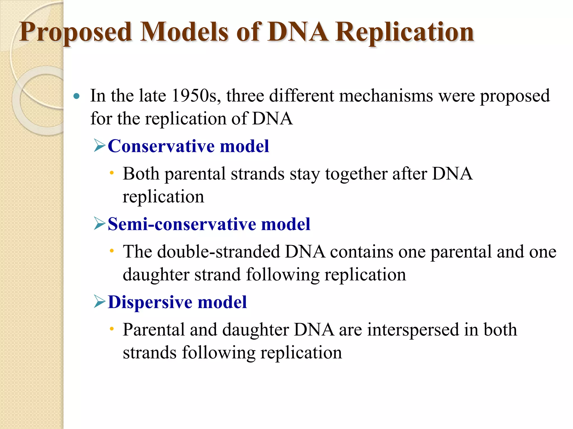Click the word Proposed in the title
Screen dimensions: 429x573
click(76, 33)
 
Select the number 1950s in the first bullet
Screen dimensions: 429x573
click(194, 96)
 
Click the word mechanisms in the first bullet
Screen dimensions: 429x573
click(386, 96)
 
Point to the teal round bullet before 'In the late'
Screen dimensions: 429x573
click(76, 97)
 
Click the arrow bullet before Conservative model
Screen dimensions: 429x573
click(100, 146)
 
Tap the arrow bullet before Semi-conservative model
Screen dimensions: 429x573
click(100, 223)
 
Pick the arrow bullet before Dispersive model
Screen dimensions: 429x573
click(100, 302)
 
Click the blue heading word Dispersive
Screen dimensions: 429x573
click(150, 302)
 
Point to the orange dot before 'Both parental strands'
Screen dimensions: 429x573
click(112, 173)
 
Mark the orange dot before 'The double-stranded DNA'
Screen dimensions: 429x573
click(112, 251)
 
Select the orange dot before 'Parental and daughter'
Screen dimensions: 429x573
click(112, 329)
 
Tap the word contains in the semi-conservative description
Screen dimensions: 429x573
click(361, 252)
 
